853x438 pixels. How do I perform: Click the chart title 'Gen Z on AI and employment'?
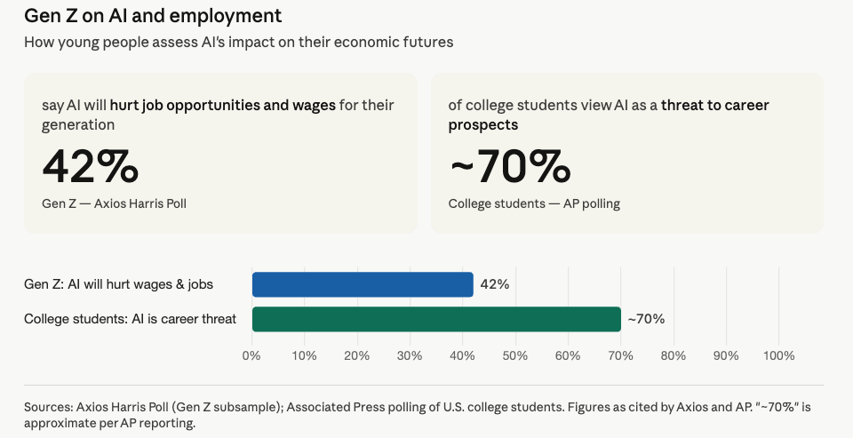click(x=153, y=15)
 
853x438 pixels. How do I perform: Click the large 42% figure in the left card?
click(x=91, y=166)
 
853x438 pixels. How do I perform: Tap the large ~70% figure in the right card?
click(x=510, y=166)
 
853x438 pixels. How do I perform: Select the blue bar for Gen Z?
click(x=363, y=284)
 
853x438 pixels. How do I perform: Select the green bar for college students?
click(x=436, y=319)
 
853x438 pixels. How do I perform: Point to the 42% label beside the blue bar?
click(x=495, y=284)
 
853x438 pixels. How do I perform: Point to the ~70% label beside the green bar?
click(x=646, y=319)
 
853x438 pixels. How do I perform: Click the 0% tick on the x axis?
click(x=251, y=356)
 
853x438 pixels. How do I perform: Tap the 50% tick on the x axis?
click(x=515, y=356)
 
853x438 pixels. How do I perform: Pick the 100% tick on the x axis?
click(x=778, y=356)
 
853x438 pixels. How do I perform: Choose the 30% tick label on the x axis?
click(x=410, y=356)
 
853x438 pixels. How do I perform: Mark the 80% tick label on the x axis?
click(x=673, y=356)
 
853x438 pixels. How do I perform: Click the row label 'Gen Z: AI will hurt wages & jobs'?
click(x=118, y=284)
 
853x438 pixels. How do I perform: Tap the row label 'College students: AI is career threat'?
click(x=130, y=319)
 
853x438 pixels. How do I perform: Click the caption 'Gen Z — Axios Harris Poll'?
click(x=115, y=203)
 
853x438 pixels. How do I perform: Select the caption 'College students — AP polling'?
click(x=534, y=203)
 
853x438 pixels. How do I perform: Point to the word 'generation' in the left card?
click(x=78, y=125)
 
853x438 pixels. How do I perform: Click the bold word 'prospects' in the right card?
click(x=483, y=125)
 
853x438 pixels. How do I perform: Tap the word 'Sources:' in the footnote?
click(x=48, y=407)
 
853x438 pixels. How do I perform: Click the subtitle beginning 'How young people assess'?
click(x=239, y=42)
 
